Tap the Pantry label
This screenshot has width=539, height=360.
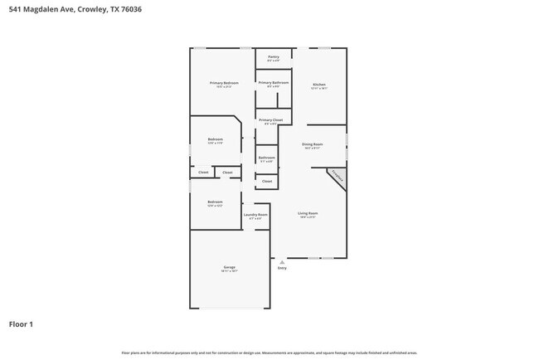273,57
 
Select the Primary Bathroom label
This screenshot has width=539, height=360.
273,83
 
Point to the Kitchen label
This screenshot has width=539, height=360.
319,85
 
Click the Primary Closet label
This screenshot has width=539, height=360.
270,120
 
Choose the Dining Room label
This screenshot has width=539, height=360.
312,145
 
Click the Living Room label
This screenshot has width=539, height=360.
308,214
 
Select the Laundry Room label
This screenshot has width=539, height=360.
255,215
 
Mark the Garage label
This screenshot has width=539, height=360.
229,267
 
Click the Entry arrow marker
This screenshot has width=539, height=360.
282,261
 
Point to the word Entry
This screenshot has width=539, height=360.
282,268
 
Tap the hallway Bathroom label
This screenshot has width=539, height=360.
266,158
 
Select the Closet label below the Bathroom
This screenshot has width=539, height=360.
266,181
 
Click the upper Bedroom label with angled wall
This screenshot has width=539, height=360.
215,139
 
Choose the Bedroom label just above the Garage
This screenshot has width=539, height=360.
215,202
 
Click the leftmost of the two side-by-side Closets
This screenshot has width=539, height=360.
203,173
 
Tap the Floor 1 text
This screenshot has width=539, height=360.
21,324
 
